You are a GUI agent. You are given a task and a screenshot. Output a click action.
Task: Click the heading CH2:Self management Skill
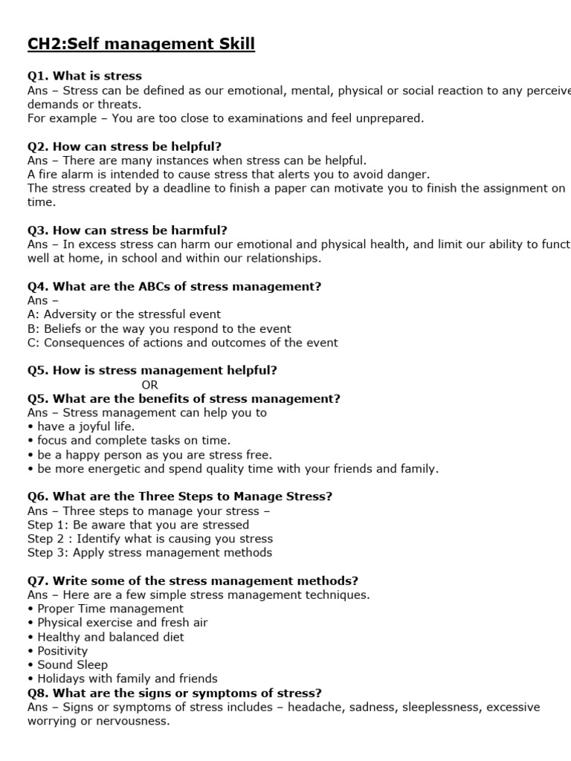tap(141, 45)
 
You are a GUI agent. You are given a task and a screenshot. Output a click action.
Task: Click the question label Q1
tap(38, 76)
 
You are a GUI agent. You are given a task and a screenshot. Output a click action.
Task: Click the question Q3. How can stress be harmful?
tap(127, 230)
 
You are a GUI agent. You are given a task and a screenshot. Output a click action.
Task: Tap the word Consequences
tap(83, 343)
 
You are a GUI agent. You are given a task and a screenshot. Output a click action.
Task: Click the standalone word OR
tap(149, 384)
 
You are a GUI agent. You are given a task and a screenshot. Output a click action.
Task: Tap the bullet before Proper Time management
tap(30, 609)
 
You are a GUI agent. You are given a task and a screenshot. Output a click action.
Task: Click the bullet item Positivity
tap(62, 651)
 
